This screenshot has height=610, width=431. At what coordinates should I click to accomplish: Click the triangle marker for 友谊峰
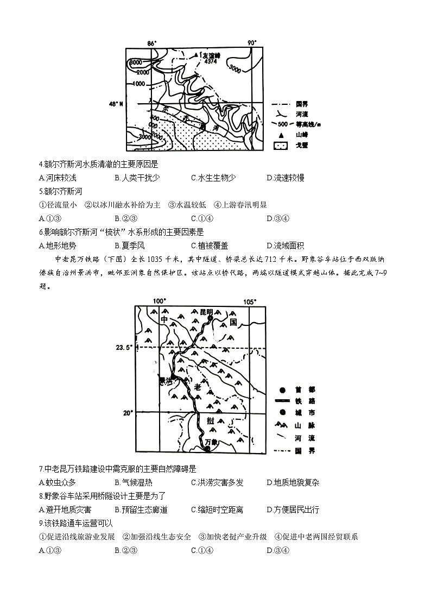click(x=197, y=55)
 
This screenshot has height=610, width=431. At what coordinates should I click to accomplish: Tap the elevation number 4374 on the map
click(x=211, y=62)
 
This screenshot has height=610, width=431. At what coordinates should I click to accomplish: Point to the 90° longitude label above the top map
click(x=251, y=43)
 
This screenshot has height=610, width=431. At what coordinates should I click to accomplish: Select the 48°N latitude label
click(x=116, y=103)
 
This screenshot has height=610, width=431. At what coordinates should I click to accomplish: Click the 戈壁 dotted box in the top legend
click(x=280, y=146)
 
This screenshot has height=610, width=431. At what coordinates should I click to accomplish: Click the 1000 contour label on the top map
click(x=138, y=84)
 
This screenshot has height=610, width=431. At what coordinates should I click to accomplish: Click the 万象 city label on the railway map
click(x=211, y=442)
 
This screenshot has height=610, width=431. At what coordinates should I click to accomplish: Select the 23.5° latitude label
click(x=124, y=348)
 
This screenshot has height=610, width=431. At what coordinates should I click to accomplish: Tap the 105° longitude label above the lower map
click(x=249, y=301)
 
